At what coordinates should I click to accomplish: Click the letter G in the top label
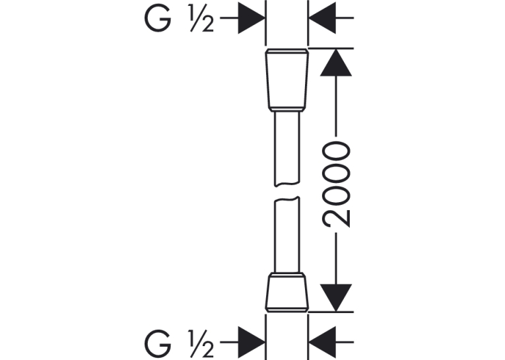click(158, 18)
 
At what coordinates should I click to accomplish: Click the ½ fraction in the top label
click(201, 18)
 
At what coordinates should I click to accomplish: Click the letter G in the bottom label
click(158, 343)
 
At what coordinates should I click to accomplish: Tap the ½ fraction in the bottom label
click(201, 343)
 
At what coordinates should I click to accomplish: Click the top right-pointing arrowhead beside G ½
click(252, 18)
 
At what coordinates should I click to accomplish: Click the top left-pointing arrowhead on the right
click(322, 18)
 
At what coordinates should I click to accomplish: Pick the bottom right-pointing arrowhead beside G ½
click(252, 342)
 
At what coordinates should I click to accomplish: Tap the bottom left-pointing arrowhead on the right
click(322, 342)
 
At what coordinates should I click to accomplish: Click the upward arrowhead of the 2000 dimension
click(336, 63)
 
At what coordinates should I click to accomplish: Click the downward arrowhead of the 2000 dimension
click(336, 298)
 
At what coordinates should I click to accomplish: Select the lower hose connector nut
click(286, 293)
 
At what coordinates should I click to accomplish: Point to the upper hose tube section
click(286, 149)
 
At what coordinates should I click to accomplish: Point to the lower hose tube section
click(286, 234)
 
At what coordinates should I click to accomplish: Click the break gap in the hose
click(286, 192)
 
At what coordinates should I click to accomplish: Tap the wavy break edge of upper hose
click(286, 184)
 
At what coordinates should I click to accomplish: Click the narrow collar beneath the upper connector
click(286, 110)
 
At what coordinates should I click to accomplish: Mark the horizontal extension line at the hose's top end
click(331, 49)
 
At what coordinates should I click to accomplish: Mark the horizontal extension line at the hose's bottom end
click(331, 312)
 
